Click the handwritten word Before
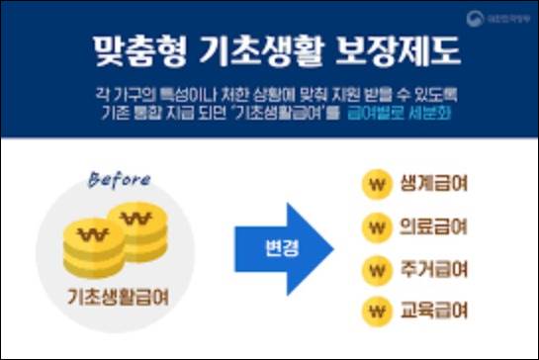[x=119, y=180]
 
